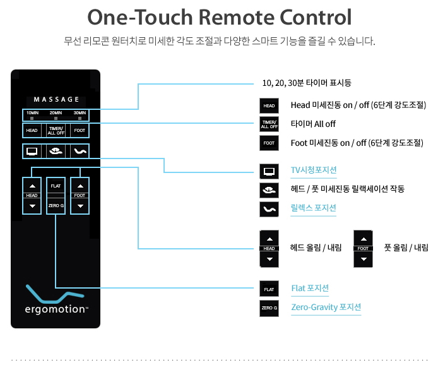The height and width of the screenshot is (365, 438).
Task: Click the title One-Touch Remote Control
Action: pyautogui.click(x=219, y=17)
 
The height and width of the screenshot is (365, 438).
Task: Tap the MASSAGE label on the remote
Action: pyautogui.click(x=56, y=99)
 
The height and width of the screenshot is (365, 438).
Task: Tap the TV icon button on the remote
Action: pyautogui.click(x=32, y=151)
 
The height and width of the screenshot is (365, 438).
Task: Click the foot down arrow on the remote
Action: pyautogui.click(x=80, y=206)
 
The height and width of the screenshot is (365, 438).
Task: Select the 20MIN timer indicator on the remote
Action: pyautogui.click(x=56, y=115)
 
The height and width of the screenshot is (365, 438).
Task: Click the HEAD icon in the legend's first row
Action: pyautogui.click(x=269, y=105)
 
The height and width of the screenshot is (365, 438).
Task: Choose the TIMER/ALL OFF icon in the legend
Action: pyautogui.click(x=269, y=124)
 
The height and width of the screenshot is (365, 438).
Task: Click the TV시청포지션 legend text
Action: pyautogui.click(x=314, y=171)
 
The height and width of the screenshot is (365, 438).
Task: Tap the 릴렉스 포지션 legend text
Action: pyautogui.click(x=313, y=208)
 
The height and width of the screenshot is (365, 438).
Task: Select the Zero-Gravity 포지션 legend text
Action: pyautogui.click(x=326, y=308)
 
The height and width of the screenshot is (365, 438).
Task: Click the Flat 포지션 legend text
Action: pyautogui.click(x=310, y=289)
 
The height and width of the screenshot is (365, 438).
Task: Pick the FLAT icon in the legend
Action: pyautogui.click(x=269, y=289)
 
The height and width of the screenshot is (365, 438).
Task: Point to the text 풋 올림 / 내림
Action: pyautogui.click(x=406, y=247)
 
